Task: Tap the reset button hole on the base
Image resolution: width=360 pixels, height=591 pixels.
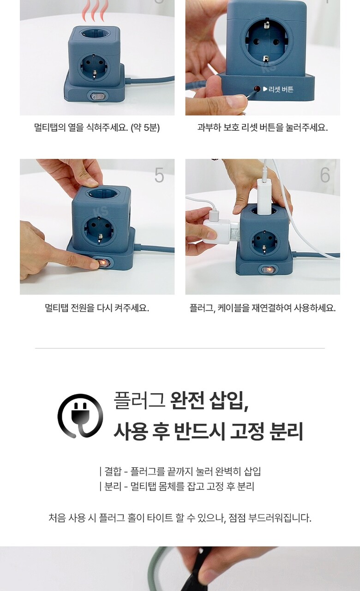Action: tap(257, 89)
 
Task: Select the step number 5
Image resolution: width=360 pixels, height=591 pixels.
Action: tap(159, 175)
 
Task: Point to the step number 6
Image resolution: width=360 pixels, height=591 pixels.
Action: tap(324, 175)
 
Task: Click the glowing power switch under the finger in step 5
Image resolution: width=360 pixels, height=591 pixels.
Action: tap(104, 263)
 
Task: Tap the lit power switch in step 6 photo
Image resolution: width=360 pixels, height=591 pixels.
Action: tap(269, 270)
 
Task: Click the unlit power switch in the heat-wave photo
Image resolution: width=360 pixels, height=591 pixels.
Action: tap(97, 96)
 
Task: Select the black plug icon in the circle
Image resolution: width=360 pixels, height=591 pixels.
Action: tap(80, 416)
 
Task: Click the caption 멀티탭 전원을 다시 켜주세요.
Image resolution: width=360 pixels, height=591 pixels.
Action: tap(97, 308)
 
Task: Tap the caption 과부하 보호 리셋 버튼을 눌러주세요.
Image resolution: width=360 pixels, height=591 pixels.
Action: tap(263, 127)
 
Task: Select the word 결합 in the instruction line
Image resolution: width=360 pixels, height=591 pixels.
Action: tap(113, 471)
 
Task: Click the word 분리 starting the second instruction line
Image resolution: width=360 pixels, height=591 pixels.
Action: tap(113, 486)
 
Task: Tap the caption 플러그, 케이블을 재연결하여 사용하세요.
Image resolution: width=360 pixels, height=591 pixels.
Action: tap(263, 308)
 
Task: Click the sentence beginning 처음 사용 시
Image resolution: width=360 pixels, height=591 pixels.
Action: tap(180, 518)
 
